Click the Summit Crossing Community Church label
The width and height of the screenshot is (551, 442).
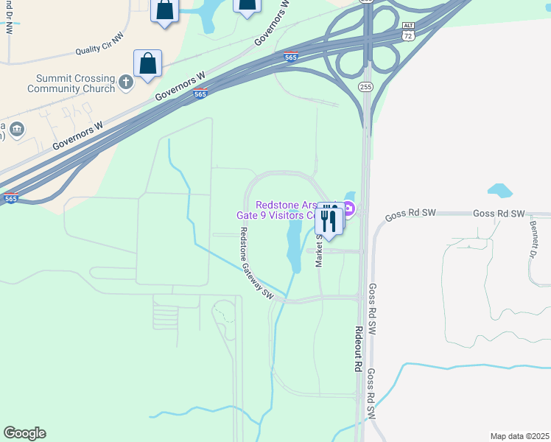click(71, 83)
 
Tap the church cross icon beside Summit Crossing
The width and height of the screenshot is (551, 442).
click(126, 82)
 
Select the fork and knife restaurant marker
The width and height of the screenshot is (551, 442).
click(329, 220)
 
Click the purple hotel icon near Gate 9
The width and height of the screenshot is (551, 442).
click(350, 210)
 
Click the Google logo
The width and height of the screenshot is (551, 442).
click(24, 433)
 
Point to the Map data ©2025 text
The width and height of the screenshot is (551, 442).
click(519, 436)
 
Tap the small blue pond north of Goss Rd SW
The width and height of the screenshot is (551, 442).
click(499, 190)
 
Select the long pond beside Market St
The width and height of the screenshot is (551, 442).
click(294, 243)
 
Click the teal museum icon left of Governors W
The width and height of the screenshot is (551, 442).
click(18, 130)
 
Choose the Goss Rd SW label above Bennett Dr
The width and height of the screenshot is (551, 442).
click(499, 214)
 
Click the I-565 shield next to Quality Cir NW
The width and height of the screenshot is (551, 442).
click(291, 57)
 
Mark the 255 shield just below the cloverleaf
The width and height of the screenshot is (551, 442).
click(366, 86)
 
